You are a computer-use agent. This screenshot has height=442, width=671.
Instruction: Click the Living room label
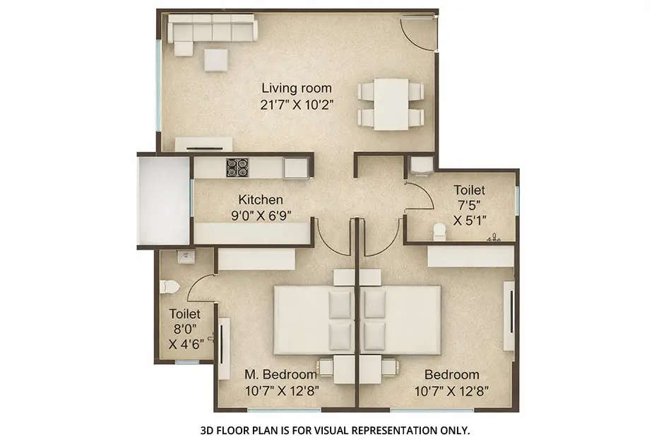click(x=297, y=88)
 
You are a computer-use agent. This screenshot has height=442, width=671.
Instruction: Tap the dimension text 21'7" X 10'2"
click(x=297, y=104)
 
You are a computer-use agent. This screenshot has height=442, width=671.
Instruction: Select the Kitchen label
click(x=260, y=199)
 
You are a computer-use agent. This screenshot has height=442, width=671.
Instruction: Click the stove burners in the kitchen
click(x=237, y=168)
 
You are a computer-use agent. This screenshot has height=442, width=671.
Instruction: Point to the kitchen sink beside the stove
click(x=295, y=168)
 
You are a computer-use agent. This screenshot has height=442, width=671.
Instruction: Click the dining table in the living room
click(x=391, y=104)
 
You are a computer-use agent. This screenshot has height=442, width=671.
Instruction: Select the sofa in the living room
click(x=212, y=30)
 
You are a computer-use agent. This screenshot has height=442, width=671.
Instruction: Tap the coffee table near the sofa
click(x=216, y=59)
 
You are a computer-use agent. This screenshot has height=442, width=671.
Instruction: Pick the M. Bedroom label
click(x=280, y=374)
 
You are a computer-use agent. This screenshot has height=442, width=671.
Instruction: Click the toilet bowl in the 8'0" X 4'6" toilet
click(x=170, y=286)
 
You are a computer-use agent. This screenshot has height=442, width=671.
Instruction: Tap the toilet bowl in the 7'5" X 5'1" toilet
click(x=440, y=231)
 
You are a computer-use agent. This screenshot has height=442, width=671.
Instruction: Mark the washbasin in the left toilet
click(x=185, y=257)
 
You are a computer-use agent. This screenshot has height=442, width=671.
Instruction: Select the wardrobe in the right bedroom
click(x=470, y=256)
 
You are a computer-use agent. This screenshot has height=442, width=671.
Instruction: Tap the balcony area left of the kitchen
click(x=164, y=201)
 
